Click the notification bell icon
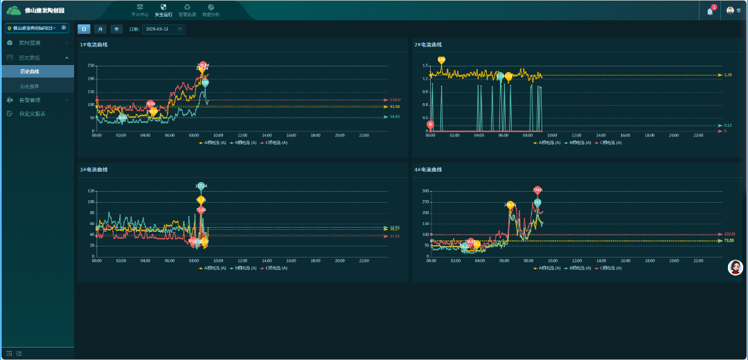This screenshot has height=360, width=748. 709,11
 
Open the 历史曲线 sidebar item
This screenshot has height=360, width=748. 30,71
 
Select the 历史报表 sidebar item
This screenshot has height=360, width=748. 30,86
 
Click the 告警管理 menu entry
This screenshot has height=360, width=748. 30,100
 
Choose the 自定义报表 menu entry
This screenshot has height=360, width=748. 32,114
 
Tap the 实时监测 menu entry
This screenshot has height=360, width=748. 30,43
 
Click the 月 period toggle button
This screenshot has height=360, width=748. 100,29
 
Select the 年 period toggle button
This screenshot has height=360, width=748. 117,29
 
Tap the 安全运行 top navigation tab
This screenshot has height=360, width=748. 163,10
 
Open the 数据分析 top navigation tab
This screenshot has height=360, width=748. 211,10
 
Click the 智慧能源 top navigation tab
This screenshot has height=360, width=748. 187,10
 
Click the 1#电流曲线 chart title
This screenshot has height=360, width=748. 93,45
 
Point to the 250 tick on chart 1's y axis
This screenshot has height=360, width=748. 90,66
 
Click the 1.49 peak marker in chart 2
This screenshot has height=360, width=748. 441,60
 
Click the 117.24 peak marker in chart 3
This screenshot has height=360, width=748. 201,186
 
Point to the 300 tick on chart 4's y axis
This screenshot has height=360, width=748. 425,191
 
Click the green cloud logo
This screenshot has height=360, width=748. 15,10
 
